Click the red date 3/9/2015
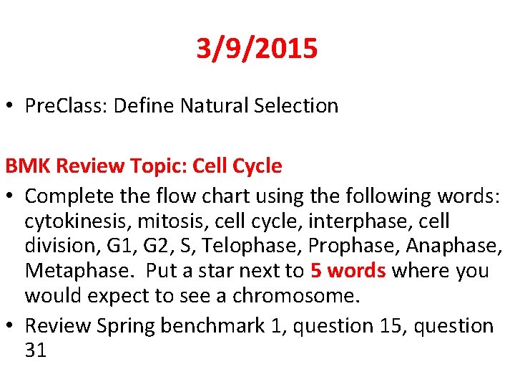pyautogui.click(x=257, y=49)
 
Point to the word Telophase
pyautogui.click(x=254, y=247)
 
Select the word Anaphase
pyautogui.click(x=453, y=247)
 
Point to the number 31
pyautogui.click(x=36, y=351)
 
